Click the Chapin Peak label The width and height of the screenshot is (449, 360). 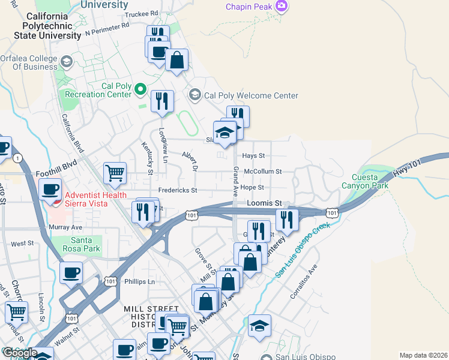(249, 7)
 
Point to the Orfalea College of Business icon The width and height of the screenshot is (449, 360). (66, 61)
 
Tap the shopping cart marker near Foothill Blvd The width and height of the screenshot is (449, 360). (115, 173)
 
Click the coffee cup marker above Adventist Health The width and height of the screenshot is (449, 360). (50, 190)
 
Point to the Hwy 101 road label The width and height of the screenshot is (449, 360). (405, 169)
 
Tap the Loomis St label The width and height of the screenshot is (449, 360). (264, 204)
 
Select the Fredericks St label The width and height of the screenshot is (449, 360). (178, 190)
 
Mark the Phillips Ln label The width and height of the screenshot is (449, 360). (139, 281)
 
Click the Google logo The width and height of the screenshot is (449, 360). (20, 353)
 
